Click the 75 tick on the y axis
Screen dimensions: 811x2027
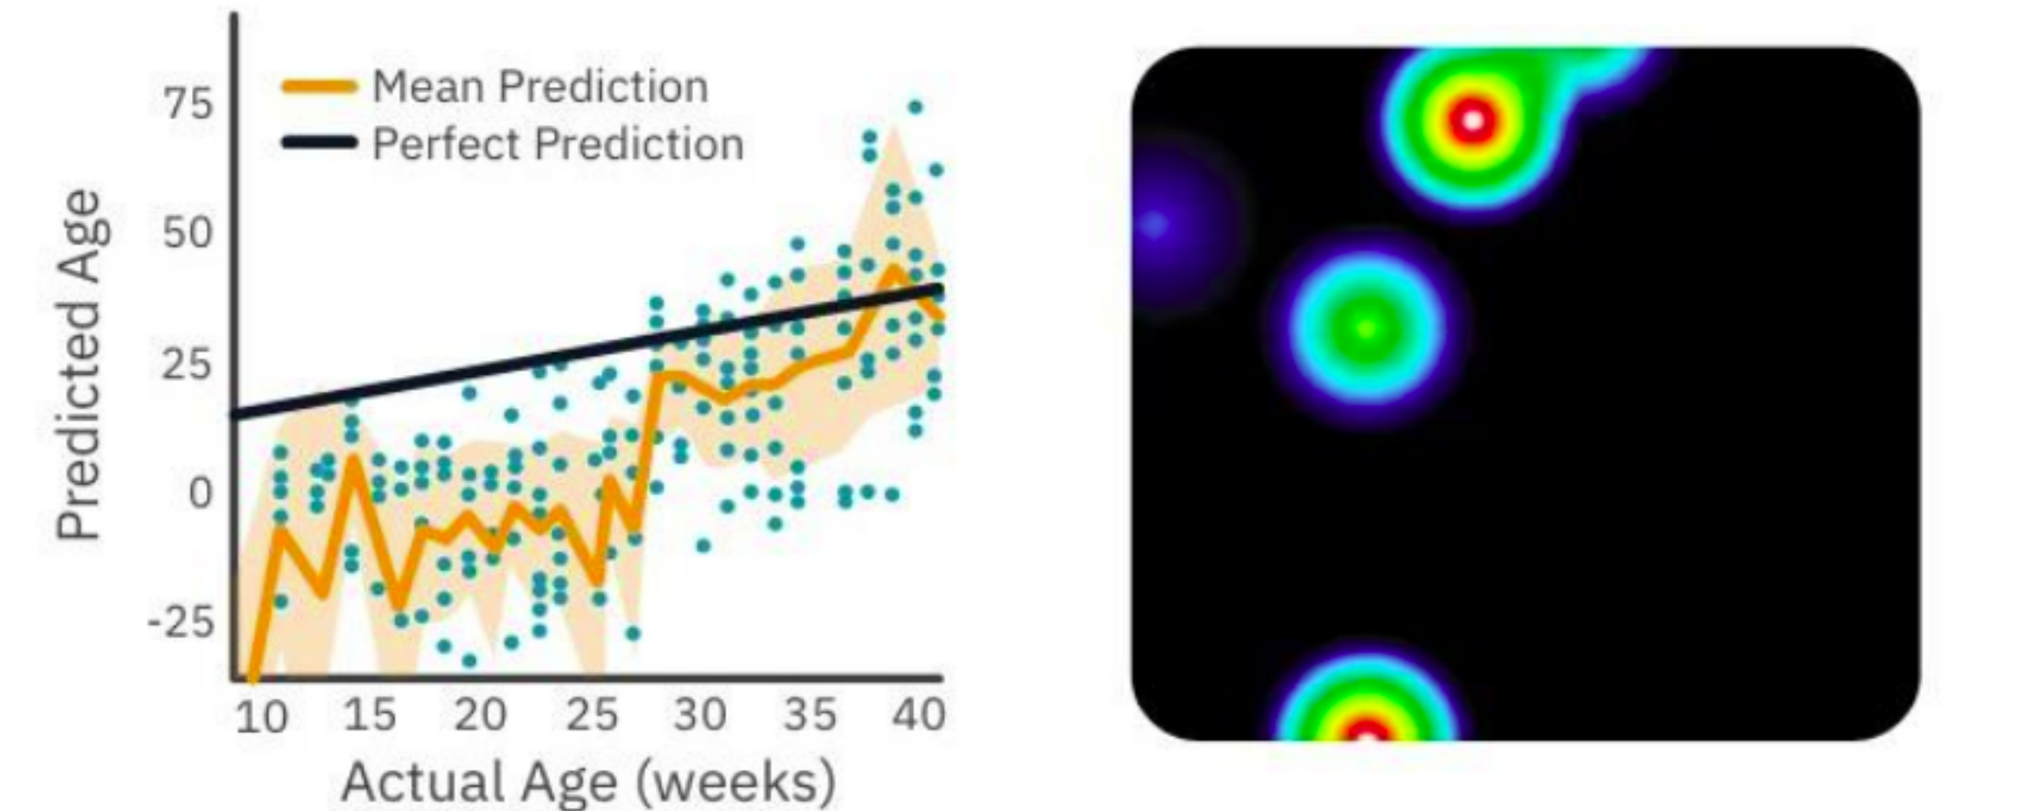188,104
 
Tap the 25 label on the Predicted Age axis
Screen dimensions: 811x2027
188,363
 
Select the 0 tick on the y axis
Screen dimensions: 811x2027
199,492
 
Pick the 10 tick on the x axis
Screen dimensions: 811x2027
261,718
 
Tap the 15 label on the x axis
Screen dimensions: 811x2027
370,714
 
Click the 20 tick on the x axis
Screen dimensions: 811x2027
480,714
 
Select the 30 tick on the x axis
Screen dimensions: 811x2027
701,714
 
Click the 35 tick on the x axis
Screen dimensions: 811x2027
810,714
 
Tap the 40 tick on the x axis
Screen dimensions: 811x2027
919,714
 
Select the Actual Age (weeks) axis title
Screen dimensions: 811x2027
588,780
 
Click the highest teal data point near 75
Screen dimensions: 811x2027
915,107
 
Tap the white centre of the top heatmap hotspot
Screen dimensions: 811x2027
1473,121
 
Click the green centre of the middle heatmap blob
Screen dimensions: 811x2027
1367,328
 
